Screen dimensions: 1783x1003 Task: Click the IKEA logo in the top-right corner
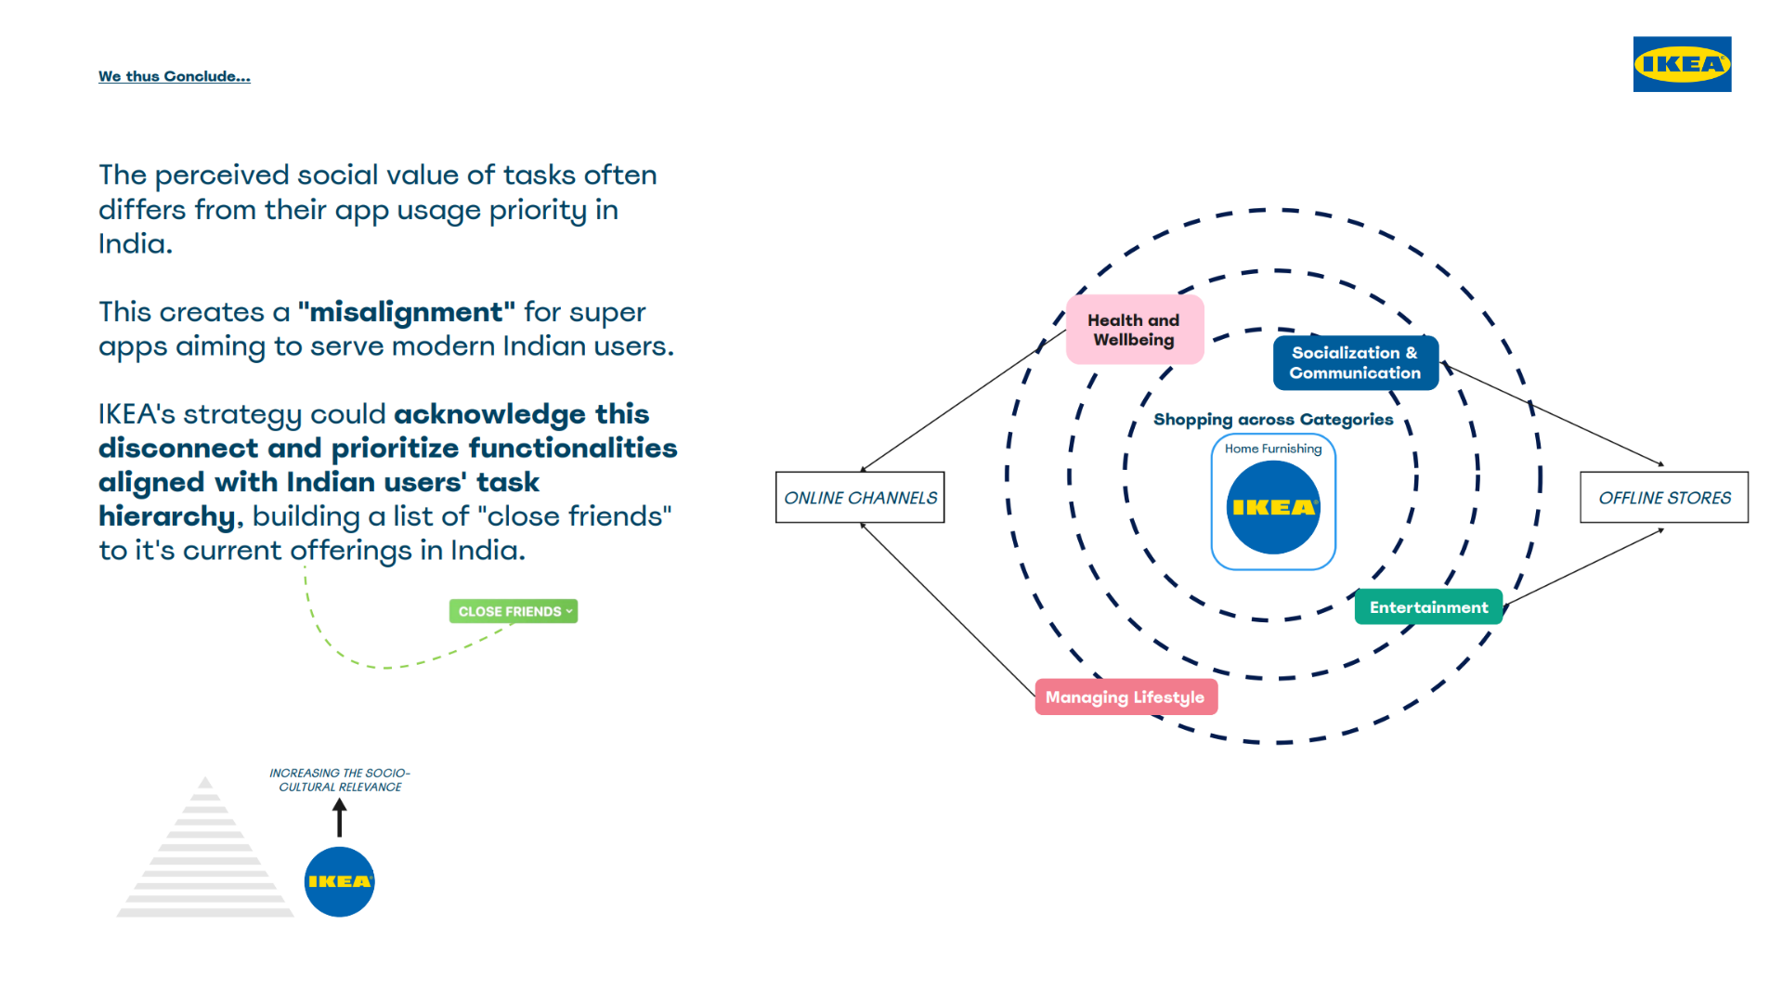point(1682,64)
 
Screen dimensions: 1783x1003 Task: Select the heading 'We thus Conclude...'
point(175,76)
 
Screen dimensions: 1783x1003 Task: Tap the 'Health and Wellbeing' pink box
point(1135,330)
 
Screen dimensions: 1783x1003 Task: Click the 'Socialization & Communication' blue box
point(1355,363)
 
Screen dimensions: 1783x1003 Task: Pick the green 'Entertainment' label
point(1428,607)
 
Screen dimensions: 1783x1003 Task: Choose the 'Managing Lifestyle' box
point(1126,697)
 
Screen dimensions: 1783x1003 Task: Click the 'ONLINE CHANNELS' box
point(860,498)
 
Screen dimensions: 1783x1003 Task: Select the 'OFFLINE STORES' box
point(1664,498)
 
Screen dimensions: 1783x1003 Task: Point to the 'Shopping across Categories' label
point(1273,420)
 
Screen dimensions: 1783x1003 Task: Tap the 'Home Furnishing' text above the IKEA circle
point(1273,449)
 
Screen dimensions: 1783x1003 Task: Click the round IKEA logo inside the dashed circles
point(1273,507)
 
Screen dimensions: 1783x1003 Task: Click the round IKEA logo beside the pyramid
point(340,881)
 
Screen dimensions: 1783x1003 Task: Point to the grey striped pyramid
point(205,847)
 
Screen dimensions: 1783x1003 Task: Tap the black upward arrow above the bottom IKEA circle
point(340,817)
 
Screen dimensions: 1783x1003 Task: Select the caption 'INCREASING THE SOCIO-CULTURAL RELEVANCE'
point(340,780)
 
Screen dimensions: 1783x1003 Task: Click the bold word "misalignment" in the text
point(407,312)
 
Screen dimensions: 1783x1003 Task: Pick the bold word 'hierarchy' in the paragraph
point(167,516)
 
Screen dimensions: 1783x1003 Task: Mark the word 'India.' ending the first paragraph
point(136,244)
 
